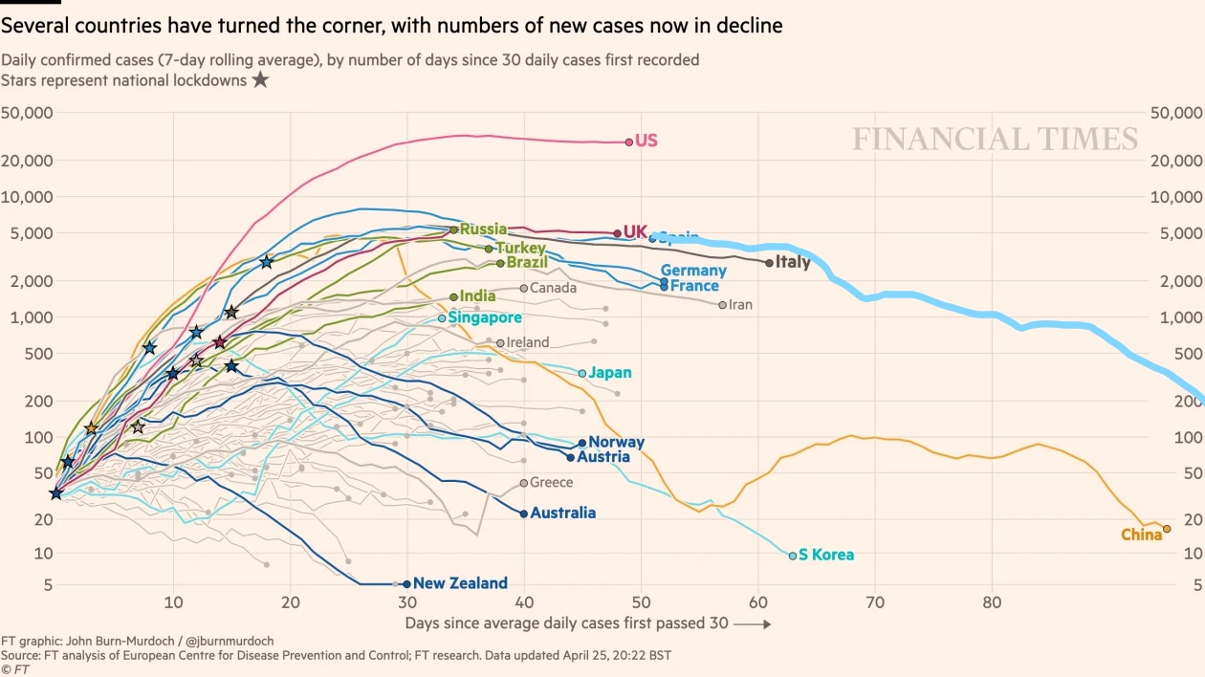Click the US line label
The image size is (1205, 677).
646,141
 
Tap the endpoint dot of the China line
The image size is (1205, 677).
1166,529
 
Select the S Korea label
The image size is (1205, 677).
825,555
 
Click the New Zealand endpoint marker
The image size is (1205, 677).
406,583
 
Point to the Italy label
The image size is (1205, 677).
792,262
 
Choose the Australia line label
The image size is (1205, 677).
562,513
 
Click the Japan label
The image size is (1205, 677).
609,373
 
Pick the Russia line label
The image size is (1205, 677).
483,229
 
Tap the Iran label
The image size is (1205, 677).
740,305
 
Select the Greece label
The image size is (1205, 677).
551,483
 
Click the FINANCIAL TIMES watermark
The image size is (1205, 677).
996,139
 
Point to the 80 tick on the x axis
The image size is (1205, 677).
992,602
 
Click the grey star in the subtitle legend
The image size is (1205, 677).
260,80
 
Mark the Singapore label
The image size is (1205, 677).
485,317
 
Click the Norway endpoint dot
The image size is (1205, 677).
581,444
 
